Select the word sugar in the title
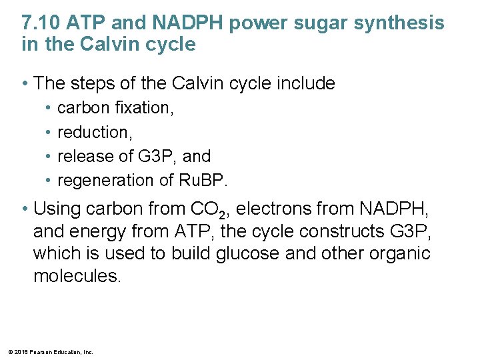(316, 23)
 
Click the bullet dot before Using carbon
(25, 209)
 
